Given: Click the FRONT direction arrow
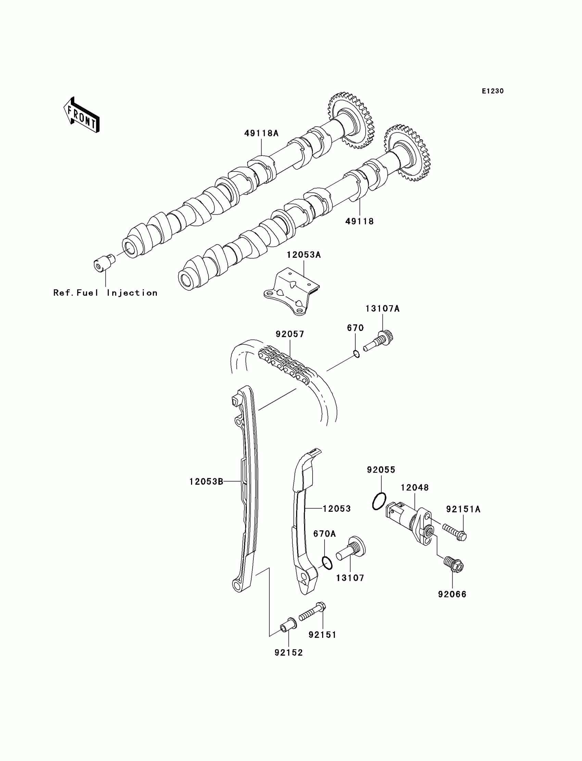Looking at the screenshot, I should point(82,115).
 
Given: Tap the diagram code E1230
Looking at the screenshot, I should point(493,91).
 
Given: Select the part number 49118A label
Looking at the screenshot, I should point(261,134).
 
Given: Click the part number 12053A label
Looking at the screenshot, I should point(303,255).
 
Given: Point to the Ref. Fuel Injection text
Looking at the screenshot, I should point(105,293).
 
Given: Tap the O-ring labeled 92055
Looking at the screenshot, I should point(379,501).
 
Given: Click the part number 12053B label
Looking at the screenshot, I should point(206,481).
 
